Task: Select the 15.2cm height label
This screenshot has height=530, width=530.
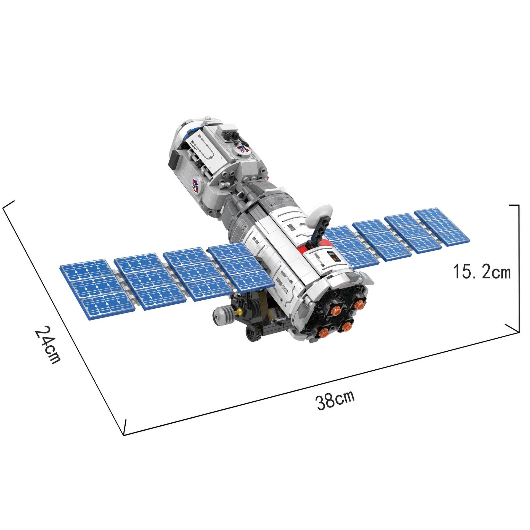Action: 482,272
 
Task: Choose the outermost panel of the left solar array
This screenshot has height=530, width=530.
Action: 95,288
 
